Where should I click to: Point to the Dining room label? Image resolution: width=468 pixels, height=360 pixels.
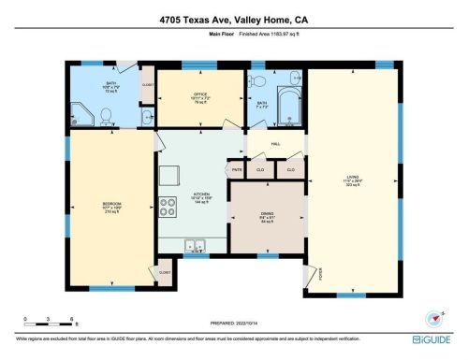(x=267, y=219)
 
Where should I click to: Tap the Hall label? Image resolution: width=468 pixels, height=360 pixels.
(x=276, y=144)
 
